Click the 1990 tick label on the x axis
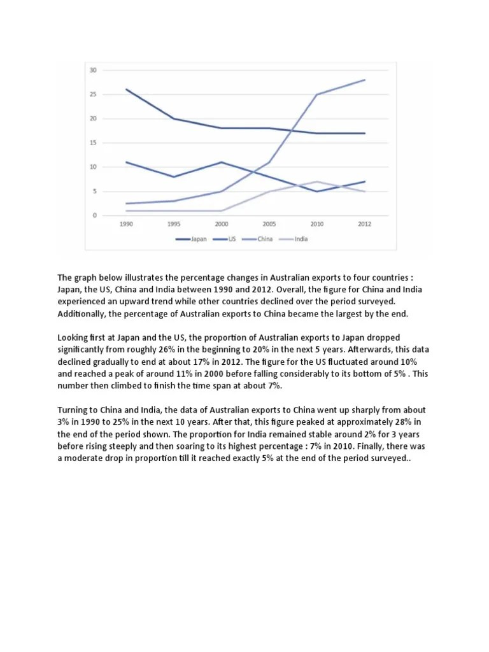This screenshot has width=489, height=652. click(126, 224)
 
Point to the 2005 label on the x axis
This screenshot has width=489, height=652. click(269, 224)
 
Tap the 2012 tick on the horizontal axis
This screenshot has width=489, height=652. click(364, 224)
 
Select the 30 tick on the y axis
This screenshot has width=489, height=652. click(93, 70)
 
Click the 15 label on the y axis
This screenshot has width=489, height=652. click(93, 143)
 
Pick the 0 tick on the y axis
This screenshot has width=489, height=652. click(95, 215)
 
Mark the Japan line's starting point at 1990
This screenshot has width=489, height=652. click(126, 90)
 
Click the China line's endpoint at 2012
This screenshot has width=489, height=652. click(364, 80)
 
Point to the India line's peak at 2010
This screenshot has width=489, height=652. click(316, 181)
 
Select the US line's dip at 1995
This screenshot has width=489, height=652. click(174, 176)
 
